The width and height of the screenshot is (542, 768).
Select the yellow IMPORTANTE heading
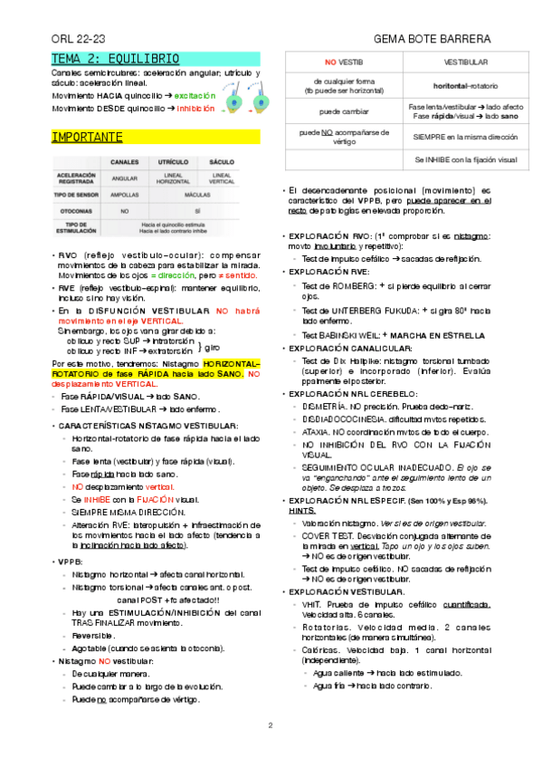tap(87, 138)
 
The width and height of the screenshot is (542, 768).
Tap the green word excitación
tap(195, 94)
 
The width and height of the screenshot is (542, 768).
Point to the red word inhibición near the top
tap(196, 107)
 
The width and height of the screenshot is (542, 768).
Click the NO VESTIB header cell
tap(343, 62)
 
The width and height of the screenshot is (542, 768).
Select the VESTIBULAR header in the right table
tap(465, 62)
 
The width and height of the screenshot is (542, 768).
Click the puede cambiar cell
tap(343, 111)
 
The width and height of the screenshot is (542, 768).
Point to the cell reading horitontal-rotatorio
tap(465, 86)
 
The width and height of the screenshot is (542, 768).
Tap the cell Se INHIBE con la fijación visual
tap(465, 159)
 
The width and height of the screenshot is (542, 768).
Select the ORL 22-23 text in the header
tap(80, 40)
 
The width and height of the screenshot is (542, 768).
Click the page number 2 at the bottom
tap(271, 726)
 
